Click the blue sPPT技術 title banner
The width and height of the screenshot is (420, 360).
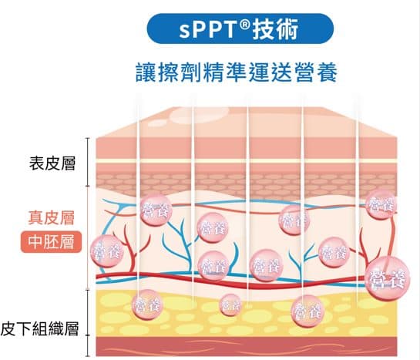240,29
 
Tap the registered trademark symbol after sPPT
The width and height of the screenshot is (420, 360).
244,25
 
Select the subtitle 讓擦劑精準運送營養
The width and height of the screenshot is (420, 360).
237,72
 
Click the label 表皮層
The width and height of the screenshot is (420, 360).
52,163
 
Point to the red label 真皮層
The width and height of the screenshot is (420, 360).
51,217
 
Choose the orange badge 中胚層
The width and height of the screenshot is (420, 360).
51,241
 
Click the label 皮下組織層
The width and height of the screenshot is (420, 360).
39,328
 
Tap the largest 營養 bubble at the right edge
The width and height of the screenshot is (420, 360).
388,278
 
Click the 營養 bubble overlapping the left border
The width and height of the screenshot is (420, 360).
107,251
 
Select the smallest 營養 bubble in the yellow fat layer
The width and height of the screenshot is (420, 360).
230,304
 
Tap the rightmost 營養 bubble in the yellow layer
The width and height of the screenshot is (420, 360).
307,311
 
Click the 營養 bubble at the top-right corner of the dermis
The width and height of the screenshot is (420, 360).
381,204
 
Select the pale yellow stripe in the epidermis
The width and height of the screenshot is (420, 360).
246,161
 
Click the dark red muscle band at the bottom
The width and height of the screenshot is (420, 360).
246,347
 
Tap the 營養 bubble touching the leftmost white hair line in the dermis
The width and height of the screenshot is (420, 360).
156,210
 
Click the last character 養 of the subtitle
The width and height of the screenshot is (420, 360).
327,72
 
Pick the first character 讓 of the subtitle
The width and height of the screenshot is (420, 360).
146,72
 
